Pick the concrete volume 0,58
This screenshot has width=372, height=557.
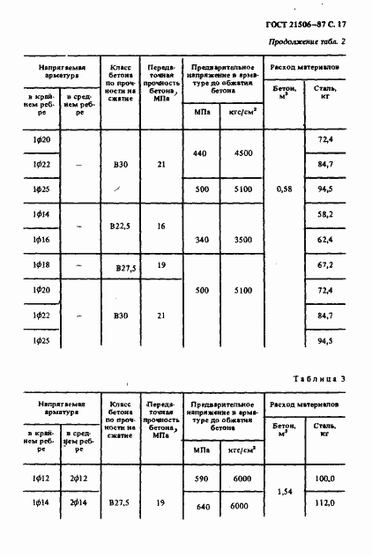(x=284, y=189)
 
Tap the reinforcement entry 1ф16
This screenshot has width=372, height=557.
(x=41, y=239)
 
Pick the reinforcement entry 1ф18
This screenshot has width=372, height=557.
(x=41, y=264)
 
